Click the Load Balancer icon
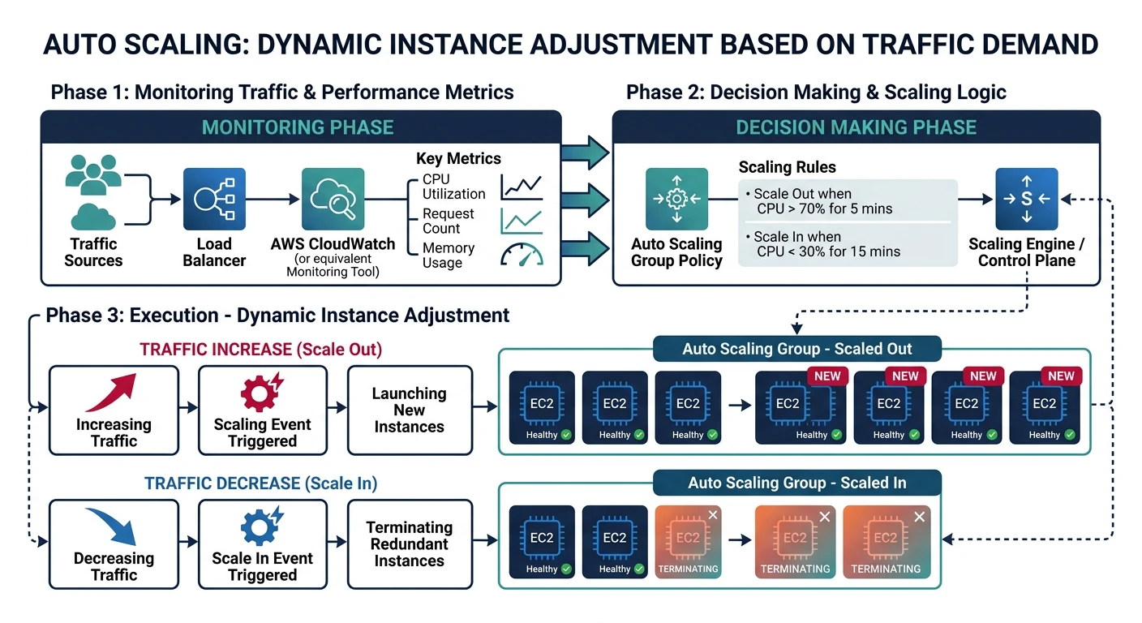pos(214,199)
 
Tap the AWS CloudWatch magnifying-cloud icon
pos(333,199)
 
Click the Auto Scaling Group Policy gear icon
pos(676,199)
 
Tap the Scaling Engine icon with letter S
pos(1026,199)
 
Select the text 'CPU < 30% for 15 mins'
pos(828,251)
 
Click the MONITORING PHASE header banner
pos(298,127)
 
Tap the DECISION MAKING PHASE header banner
pos(856,127)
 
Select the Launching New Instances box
pos(410,410)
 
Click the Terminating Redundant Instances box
pos(410,544)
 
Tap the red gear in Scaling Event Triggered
pos(260,392)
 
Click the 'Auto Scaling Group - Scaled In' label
pos(796,483)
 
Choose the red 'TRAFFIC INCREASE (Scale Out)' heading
pos(260,350)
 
